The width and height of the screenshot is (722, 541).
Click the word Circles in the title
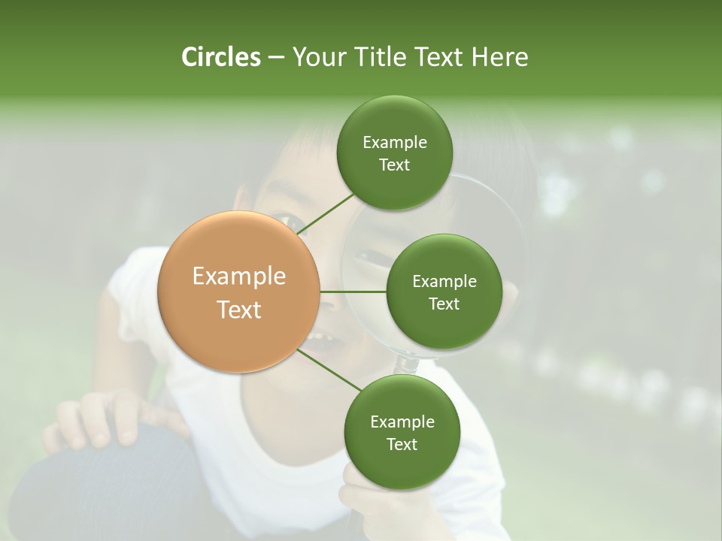(220, 57)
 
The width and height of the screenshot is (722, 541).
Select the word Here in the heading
(499, 57)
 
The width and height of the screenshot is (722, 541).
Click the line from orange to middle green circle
(353, 292)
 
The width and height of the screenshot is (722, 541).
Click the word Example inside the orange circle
(239, 277)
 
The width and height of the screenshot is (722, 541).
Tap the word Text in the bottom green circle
(402, 444)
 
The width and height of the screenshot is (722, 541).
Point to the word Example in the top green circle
(395, 142)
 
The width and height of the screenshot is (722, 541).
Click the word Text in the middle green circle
(444, 304)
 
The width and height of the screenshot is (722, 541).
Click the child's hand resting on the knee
(105, 417)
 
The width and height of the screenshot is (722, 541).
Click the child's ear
(242, 199)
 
